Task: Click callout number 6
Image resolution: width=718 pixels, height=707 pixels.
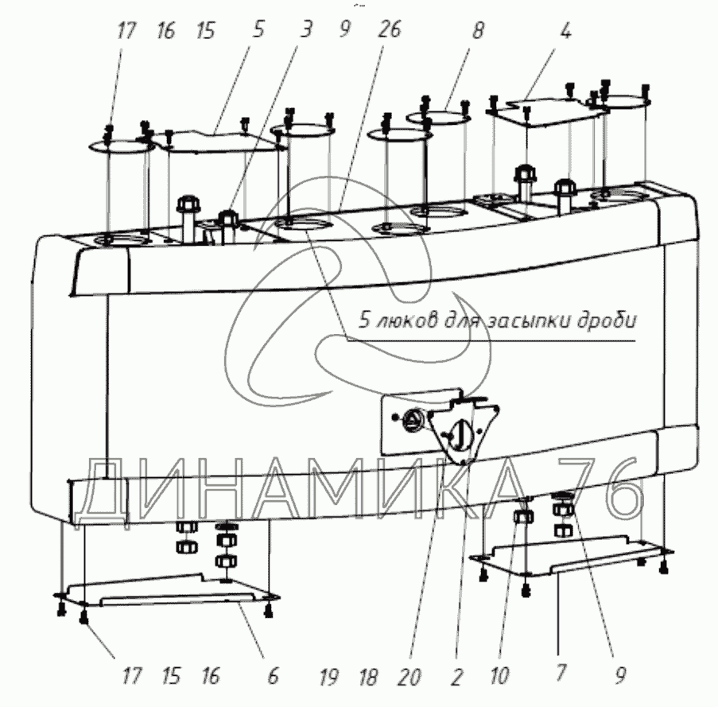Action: point(273,677)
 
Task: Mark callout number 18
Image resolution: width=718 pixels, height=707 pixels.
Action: point(368,677)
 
